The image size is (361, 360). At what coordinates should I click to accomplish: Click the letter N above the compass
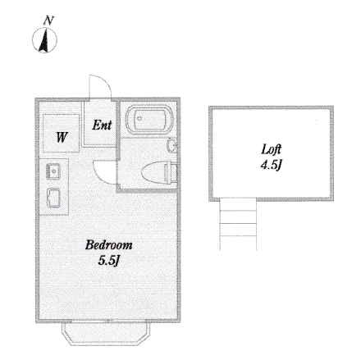48,21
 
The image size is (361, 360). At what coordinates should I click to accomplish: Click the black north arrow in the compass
43,41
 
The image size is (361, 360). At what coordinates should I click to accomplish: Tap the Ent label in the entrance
102,125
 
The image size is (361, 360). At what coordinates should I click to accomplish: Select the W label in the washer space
62,137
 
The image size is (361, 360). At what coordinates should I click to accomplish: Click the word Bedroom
108,245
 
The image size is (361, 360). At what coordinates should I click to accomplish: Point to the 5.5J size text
109,261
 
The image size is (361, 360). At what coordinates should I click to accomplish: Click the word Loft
271,149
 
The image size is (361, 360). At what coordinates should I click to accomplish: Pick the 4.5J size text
271,165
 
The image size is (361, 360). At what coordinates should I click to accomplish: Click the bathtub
149,119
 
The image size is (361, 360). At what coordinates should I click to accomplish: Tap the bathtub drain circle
139,119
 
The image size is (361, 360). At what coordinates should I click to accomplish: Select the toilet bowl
153,172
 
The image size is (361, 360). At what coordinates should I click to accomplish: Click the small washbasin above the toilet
171,146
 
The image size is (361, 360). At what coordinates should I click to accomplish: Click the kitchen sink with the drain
53,171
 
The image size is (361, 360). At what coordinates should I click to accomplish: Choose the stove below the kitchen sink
53,198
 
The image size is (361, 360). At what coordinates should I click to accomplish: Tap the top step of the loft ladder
238,204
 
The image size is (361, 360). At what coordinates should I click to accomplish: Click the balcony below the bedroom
106,334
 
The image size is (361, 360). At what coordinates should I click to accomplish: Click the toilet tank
171,172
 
